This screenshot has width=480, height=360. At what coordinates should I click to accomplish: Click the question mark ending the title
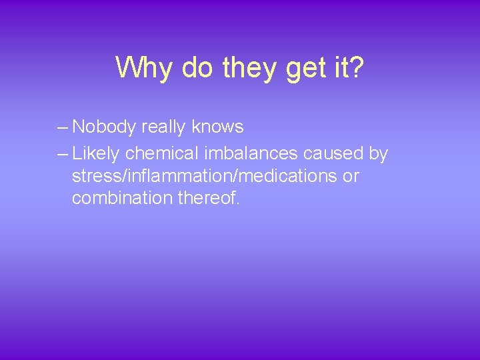[x=358, y=67]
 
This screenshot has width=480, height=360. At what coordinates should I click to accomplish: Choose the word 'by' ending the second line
[x=378, y=154]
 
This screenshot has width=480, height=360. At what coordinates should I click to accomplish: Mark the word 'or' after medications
[x=351, y=177]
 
